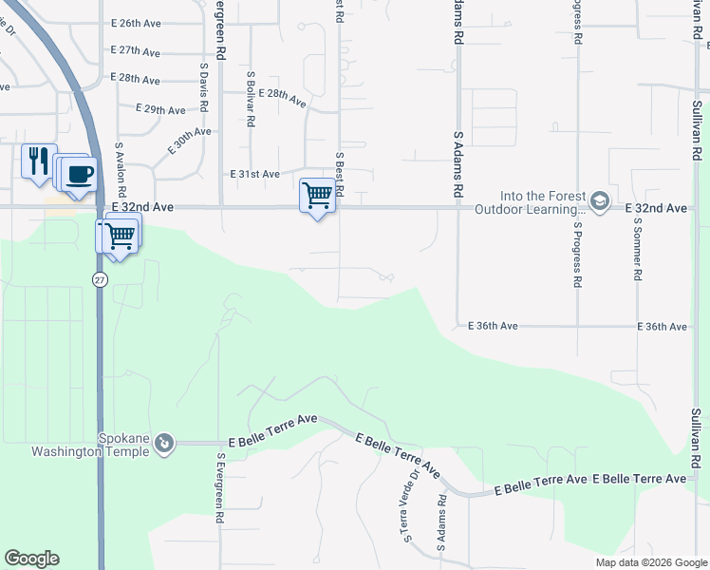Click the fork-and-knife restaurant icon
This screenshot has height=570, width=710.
38,160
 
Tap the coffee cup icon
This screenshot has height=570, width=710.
80,174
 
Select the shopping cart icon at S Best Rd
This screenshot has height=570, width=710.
318,195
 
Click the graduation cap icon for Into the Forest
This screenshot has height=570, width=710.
599,201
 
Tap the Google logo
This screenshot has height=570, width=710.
31,559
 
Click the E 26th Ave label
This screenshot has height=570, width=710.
137,23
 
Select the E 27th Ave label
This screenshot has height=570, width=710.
135,50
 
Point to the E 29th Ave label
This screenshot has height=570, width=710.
160,110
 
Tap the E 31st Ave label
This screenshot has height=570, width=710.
255,174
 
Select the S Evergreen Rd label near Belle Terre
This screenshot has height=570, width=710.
219,487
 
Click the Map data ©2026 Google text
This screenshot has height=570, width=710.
651,562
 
